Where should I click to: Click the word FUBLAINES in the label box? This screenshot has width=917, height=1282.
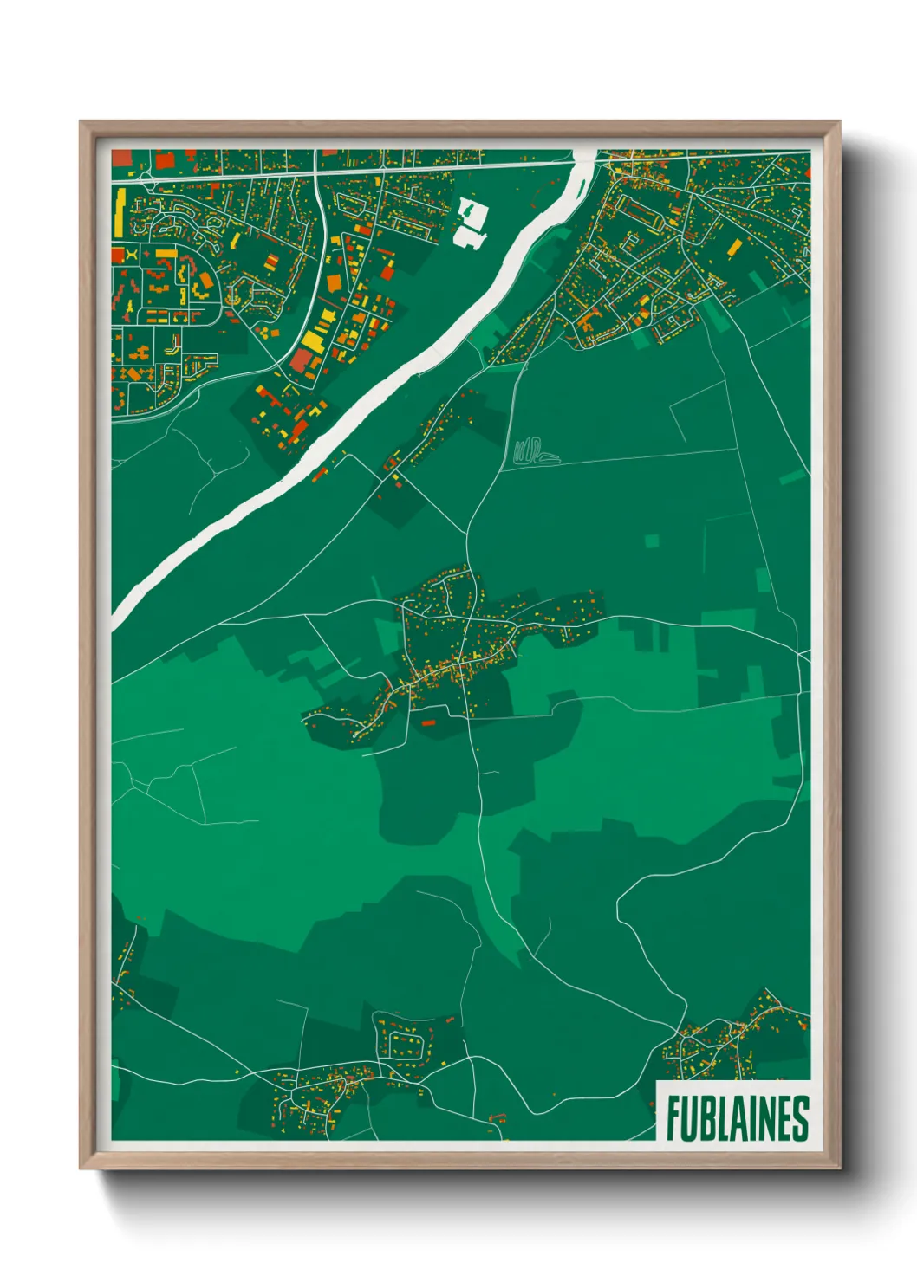click(x=737, y=1118)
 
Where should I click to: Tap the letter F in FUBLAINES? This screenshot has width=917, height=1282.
click(x=673, y=1118)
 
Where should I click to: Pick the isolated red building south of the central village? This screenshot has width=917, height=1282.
click(x=427, y=722)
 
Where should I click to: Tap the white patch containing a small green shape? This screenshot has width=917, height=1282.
click(x=471, y=210)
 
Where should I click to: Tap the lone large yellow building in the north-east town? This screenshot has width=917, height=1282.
click(x=734, y=249)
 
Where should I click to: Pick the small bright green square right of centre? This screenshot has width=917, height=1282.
click(x=652, y=541)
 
